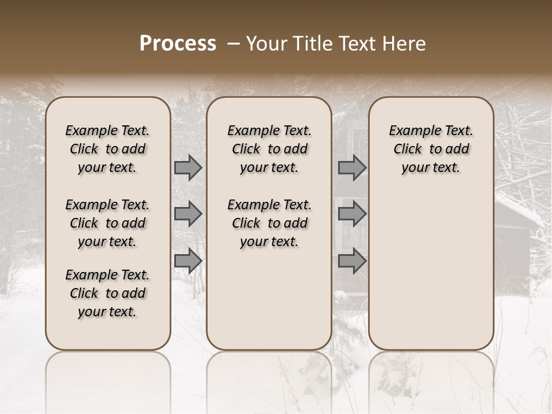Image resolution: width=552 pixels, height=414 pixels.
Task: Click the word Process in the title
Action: pyautogui.click(x=178, y=44)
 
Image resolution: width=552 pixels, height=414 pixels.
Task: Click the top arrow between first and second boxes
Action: pyautogui.click(x=188, y=168)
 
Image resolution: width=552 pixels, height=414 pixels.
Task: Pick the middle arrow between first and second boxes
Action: pyautogui.click(x=188, y=214)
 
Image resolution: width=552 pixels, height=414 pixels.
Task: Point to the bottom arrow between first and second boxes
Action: pyautogui.click(x=188, y=260)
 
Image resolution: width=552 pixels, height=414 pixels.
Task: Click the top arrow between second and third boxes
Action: pyautogui.click(x=352, y=168)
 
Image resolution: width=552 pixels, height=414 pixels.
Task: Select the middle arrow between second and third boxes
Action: pyautogui.click(x=352, y=214)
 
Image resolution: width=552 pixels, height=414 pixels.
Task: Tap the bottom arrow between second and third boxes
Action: pyautogui.click(x=352, y=260)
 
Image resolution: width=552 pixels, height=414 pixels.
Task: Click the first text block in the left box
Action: pyautogui.click(x=108, y=149)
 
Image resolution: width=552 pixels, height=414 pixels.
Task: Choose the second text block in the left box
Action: pyautogui.click(x=108, y=223)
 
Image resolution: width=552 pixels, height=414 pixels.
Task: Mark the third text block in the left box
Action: pyautogui.click(x=108, y=293)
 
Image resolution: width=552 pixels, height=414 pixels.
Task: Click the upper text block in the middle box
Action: pyautogui.click(x=269, y=149)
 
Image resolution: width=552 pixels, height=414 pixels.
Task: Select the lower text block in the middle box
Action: pyautogui.click(x=269, y=223)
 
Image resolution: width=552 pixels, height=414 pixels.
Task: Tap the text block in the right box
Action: pyautogui.click(x=431, y=149)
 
